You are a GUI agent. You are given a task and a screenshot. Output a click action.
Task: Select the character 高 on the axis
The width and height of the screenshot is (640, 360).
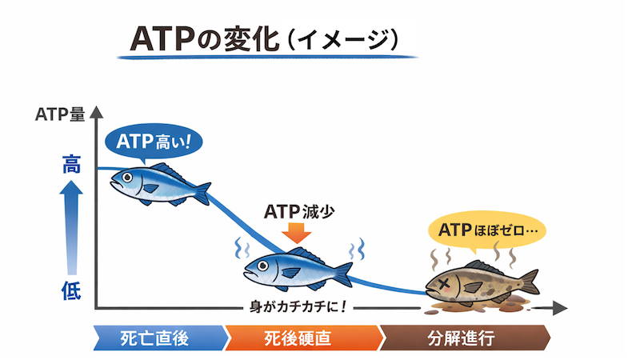point(71,166)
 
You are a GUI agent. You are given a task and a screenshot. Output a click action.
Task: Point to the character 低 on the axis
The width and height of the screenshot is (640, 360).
point(71,291)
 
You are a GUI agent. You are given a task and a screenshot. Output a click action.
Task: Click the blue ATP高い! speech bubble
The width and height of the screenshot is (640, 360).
point(154,143)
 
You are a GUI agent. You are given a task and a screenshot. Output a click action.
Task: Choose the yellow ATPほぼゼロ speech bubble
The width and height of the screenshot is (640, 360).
point(486,230)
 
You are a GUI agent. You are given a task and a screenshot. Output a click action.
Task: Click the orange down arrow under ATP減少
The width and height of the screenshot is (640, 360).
point(298,233)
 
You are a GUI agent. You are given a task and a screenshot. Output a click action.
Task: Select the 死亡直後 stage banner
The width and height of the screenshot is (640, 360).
point(158,338)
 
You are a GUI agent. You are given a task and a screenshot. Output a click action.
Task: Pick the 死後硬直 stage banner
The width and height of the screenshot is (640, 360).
point(301,338)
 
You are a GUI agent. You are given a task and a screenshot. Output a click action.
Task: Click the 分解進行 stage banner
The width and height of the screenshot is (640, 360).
point(464,338)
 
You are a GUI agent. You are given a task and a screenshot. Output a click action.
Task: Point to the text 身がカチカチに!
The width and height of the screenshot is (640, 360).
point(297,306)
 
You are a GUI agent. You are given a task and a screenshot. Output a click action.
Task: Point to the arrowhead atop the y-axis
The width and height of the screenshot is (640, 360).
point(95,111)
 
